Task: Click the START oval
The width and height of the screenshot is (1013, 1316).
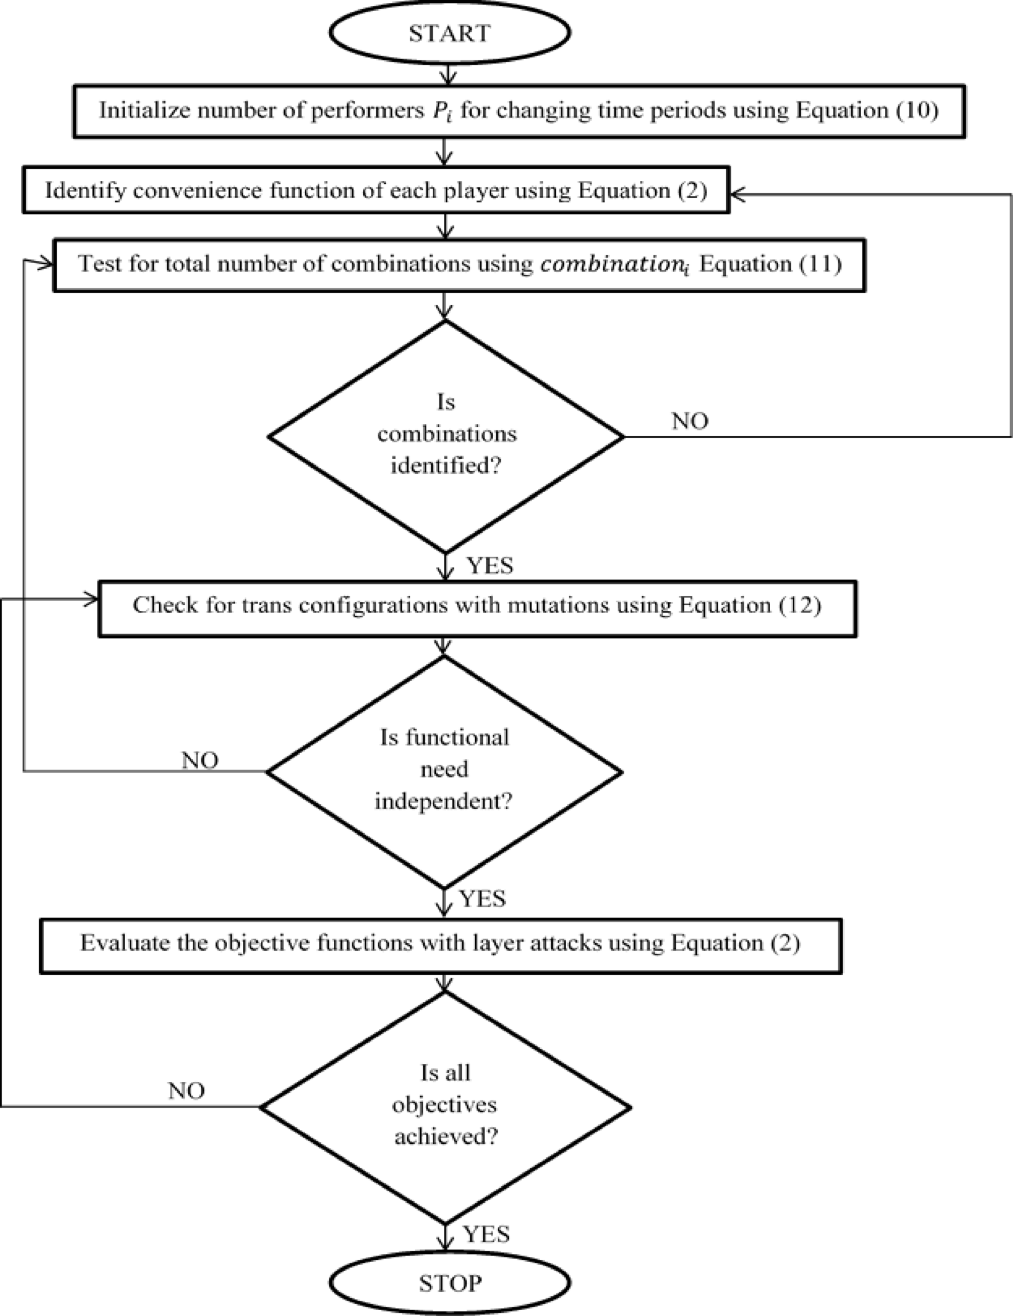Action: point(449,32)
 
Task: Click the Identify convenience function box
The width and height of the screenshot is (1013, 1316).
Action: point(376,190)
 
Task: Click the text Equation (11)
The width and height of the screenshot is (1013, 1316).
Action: point(770,264)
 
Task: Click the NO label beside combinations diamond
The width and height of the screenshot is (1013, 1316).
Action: point(690,420)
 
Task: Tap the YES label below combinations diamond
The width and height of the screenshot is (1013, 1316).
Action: point(490,566)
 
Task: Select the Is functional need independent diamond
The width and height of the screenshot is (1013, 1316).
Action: point(444,770)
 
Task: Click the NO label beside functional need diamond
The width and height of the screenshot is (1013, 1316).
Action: point(200,761)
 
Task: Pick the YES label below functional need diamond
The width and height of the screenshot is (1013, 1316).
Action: point(482,899)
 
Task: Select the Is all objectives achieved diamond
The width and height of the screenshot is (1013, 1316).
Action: point(445,1105)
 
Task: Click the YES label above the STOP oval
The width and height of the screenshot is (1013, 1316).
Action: point(486,1234)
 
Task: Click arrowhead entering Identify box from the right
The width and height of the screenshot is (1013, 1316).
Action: point(736,194)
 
